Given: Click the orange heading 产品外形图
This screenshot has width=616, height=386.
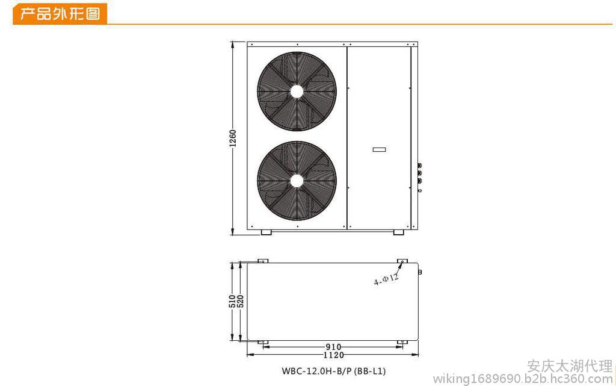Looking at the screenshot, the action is pos(60,14).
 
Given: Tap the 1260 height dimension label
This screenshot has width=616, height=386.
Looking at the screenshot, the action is pos(233,138).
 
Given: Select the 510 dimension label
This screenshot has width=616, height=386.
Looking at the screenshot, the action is pos(233,302).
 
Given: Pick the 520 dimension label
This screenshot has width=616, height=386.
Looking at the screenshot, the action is pos(241,302).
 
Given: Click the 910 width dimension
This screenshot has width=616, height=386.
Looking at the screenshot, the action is pos(333,347).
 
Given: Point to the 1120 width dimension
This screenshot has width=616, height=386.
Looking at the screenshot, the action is pos(333,355).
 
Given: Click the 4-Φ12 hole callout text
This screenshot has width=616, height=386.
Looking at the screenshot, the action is pos(386,279).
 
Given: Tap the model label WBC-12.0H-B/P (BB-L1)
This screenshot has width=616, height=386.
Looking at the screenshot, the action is pos(333,371).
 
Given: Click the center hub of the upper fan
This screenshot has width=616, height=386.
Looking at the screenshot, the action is pos(297,92).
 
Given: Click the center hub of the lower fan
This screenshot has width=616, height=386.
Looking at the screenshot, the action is pos(297,181).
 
